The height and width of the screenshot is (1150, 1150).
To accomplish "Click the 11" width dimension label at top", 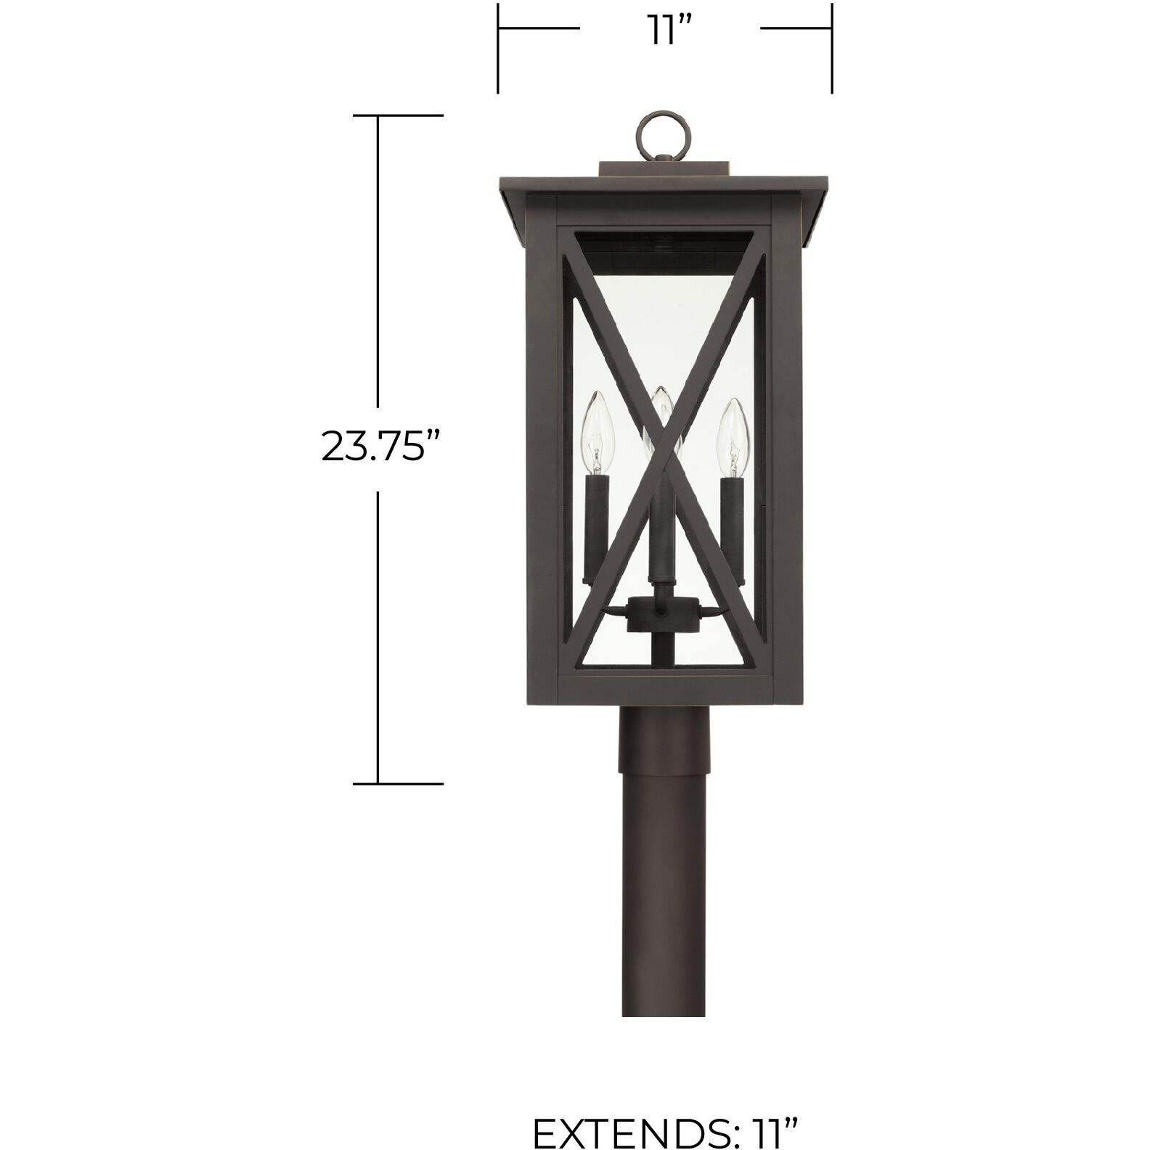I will pyautogui.click(x=669, y=30).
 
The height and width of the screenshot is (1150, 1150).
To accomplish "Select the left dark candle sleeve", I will pyautogui.click(x=595, y=523).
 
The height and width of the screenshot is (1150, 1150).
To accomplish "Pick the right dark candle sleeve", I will pyautogui.click(x=733, y=523).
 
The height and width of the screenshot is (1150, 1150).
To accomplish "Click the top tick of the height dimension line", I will pyautogui.click(x=397, y=115).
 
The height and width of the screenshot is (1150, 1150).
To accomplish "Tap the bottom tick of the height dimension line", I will pyautogui.click(x=397, y=783).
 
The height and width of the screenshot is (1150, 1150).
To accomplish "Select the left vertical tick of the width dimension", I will pyautogui.click(x=498, y=48).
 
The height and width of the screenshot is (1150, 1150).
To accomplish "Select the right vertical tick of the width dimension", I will pyautogui.click(x=832, y=48).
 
